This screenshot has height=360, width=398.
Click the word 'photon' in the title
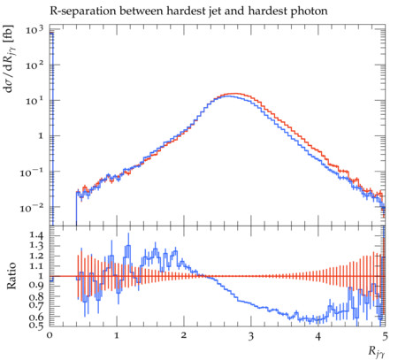click(310, 11)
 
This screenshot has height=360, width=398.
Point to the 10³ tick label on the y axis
click(34, 29)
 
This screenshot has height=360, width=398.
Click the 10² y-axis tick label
click(34, 65)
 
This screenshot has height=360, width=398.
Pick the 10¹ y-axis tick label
click(34, 101)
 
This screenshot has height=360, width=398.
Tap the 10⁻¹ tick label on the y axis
click(32, 172)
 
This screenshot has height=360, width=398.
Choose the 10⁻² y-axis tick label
click(32, 207)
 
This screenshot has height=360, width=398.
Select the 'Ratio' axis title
click(11, 275)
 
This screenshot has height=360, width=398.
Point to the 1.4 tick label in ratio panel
click(36, 235)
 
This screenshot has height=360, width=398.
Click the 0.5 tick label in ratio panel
click(36, 325)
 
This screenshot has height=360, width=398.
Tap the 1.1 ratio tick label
click(36, 265)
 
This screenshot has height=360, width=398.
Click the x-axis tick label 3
click(251, 336)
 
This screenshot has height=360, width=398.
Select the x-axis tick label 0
click(50, 336)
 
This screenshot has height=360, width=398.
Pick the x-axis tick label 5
click(385, 336)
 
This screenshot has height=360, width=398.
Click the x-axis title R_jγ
click(377, 351)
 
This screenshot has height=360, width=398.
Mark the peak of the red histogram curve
click(234, 94)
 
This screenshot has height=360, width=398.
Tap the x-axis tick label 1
click(117, 336)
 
